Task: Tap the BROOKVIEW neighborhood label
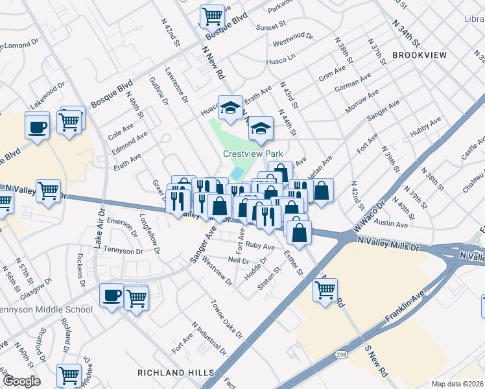pyautogui.click(x=420, y=55)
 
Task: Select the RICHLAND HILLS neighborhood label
pyautogui.click(x=176, y=372)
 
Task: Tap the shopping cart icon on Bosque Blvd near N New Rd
pyautogui.click(x=212, y=16)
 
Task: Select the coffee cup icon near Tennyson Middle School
pyautogui.click(x=112, y=296)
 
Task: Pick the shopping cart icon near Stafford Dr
pyautogui.click(x=69, y=374)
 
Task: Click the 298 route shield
pyautogui.click(x=340, y=355)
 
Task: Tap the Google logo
pyautogui.click(x=21, y=381)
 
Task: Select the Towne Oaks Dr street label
pyautogui.click(x=226, y=319)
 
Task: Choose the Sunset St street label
pyautogui.click(x=270, y=27)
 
